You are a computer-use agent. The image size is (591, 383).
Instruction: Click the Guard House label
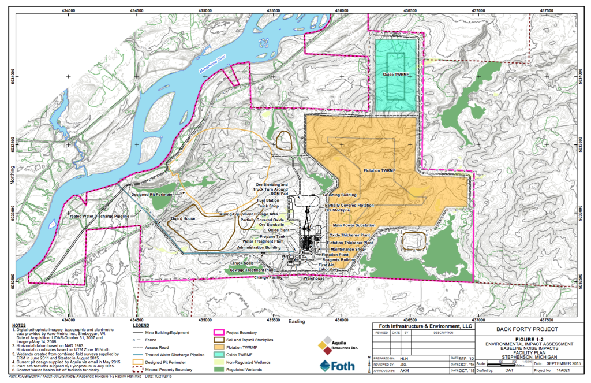pyautogui.click(x=184, y=220)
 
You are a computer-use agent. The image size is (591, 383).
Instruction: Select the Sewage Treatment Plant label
pyautogui.click(x=253, y=270)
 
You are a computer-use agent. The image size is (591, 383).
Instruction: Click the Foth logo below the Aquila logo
pyautogui.click(x=337, y=366)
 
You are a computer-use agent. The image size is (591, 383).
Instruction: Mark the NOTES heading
pyautogui.click(x=19, y=326)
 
